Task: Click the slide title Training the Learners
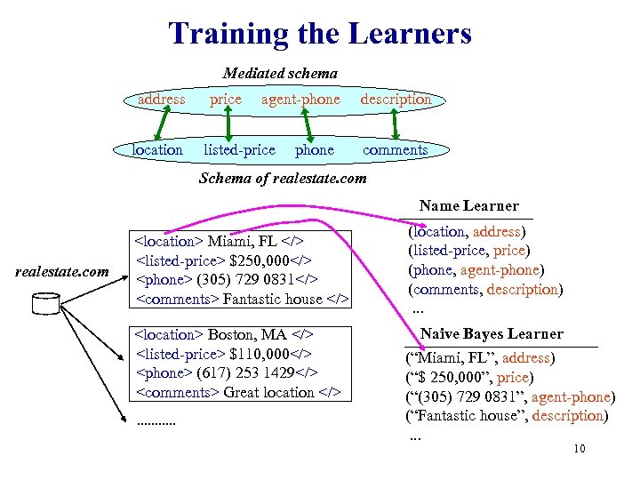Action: (320, 35)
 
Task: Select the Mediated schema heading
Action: (280, 73)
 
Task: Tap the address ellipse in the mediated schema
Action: (161, 100)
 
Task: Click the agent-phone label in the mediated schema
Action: (300, 100)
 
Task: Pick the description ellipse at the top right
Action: (396, 100)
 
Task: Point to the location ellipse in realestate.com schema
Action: (157, 149)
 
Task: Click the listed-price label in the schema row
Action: (239, 149)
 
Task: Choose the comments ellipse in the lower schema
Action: (395, 149)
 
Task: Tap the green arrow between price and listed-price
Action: (229, 124)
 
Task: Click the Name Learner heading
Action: (468, 205)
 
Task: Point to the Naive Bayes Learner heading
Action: (492, 334)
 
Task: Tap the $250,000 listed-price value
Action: (261, 260)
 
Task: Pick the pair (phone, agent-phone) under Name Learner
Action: (476, 269)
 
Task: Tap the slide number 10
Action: (580, 449)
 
